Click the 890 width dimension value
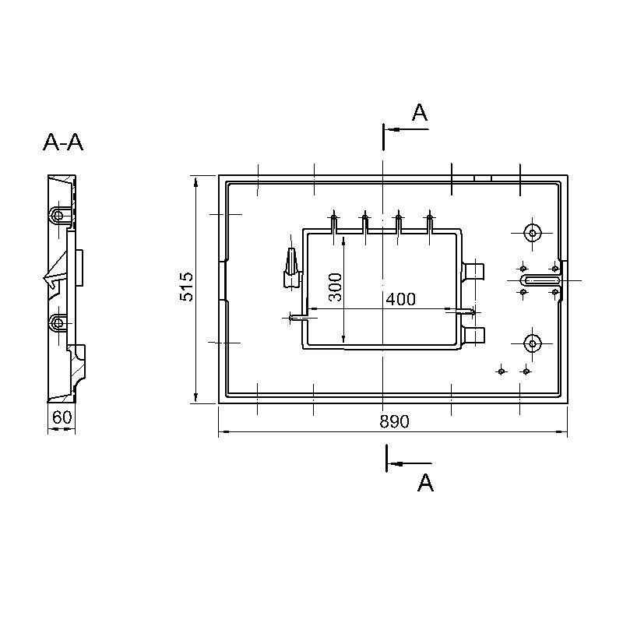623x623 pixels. click(x=394, y=421)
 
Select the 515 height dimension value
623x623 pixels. click(x=186, y=287)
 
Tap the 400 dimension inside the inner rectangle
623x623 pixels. click(x=401, y=299)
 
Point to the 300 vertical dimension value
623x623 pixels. click(x=336, y=287)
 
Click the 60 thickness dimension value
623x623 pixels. click(x=62, y=417)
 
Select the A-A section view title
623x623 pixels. click(x=63, y=143)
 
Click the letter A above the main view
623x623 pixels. click(x=420, y=112)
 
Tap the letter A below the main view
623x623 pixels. click(x=425, y=483)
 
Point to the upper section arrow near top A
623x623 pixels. click(x=406, y=129)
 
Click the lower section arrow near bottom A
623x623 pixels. click(x=410, y=463)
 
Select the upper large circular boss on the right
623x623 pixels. click(x=533, y=233)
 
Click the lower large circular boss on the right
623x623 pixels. click(x=533, y=343)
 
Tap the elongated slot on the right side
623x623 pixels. click(x=540, y=280)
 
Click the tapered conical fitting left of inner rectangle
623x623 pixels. click(x=291, y=267)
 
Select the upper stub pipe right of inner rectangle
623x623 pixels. click(x=473, y=272)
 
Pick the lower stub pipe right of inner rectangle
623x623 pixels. click(x=473, y=336)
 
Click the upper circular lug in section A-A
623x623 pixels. click(x=58, y=216)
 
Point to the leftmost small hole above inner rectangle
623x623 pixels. click(x=334, y=217)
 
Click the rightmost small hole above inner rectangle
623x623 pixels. click(x=429, y=217)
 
